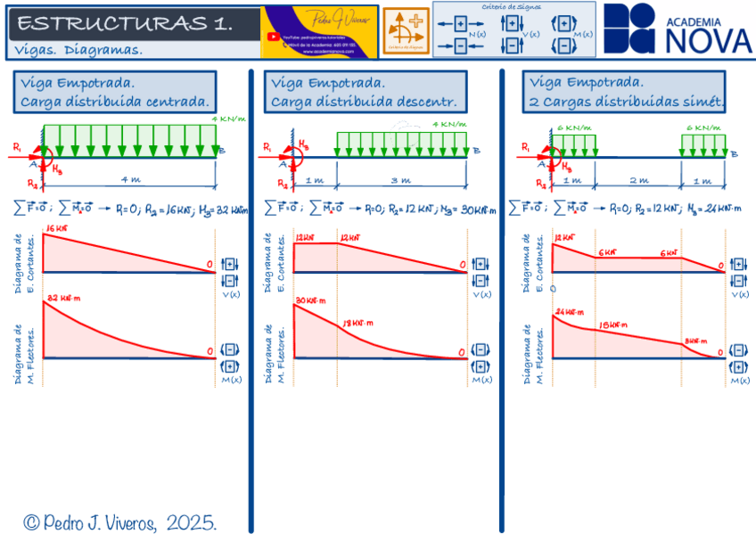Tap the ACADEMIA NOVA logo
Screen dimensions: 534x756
[678, 29]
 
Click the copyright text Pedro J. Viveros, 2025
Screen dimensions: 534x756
[120, 522]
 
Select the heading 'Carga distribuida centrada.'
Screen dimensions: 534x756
[116, 102]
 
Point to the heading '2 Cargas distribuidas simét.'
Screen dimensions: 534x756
[624, 102]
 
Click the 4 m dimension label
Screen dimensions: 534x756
[130, 180]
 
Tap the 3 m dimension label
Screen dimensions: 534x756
[401, 180]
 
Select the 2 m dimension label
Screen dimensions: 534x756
[637, 180]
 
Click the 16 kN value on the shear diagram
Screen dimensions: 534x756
[55, 230]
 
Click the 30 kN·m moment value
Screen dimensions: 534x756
[312, 300]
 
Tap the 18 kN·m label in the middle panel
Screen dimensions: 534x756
[357, 323]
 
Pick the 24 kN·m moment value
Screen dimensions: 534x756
[569, 312]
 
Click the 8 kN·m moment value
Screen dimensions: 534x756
[695, 341]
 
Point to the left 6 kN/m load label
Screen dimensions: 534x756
[573, 128]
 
